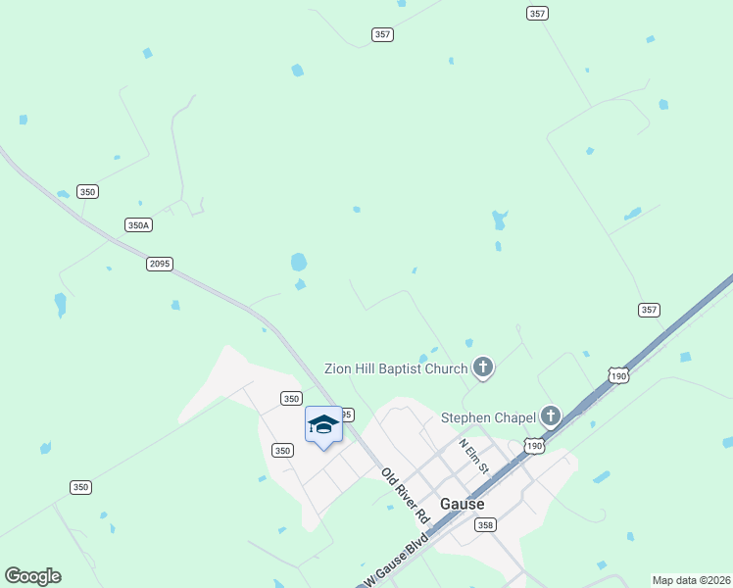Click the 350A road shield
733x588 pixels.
pyautogui.click(x=139, y=224)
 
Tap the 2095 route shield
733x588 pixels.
pyautogui.click(x=159, y=264)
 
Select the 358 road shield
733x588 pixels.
pyautogui.click(x=485, y=525)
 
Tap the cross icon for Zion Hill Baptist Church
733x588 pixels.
pyautogui.click(x=482, y=368)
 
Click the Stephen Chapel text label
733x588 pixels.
pyautogui.click(x=488, y=417)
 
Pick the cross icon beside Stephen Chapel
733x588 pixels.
pyautogui.click(x=551, y=416)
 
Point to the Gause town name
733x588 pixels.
pyautogui.click(x=463, y=504)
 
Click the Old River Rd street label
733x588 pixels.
pyautogui.click(x=406, y=495)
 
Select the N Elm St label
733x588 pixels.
pyautogui.click(x=472, y=456)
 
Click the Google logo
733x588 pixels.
pyautogui.click(x=32, y=576)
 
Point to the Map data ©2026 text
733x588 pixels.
pyautogui.click(x=692, y=580)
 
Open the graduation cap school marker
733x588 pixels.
pyautogui.click(x=323, y=425)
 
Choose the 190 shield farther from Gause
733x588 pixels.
pyautogui.click(x=617, y=375)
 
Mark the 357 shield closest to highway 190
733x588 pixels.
pyautogui.click(x=649, y=310)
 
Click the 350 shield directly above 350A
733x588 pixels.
pyautogui.click(x=88, y=192)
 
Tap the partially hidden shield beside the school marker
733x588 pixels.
pyautogui.click(x=346, y=415)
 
